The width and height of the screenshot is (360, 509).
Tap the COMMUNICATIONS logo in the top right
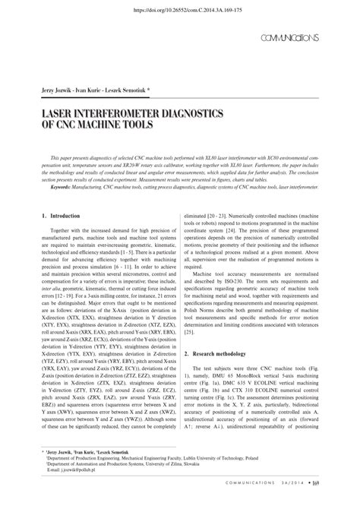[288, 38]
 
